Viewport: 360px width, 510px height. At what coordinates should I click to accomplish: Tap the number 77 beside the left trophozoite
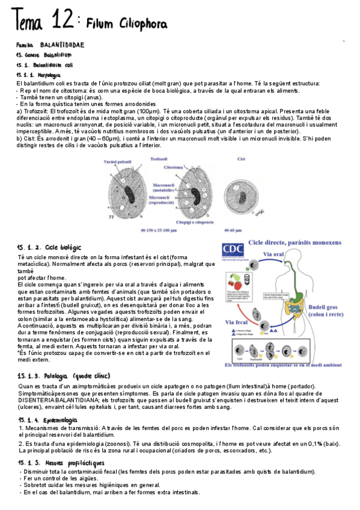[x=94, y=215]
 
